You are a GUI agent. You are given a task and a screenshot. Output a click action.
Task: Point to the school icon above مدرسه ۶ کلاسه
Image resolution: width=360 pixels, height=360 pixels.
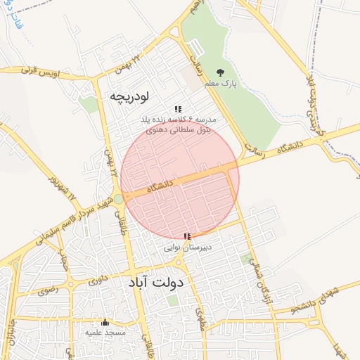pos(178,109)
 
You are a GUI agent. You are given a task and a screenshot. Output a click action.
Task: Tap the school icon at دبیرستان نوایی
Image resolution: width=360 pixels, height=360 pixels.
pos(186,237)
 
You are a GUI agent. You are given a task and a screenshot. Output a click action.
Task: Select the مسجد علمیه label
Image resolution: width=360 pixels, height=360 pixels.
pos(105,331)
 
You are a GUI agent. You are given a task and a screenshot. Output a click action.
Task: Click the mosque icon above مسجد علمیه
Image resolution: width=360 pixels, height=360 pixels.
pos(105,321)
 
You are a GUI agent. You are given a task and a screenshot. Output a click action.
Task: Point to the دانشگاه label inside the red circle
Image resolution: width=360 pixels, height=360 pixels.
pos(161,188)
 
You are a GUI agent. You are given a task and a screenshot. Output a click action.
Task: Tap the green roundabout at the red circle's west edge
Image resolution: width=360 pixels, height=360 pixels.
pos(119,199)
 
